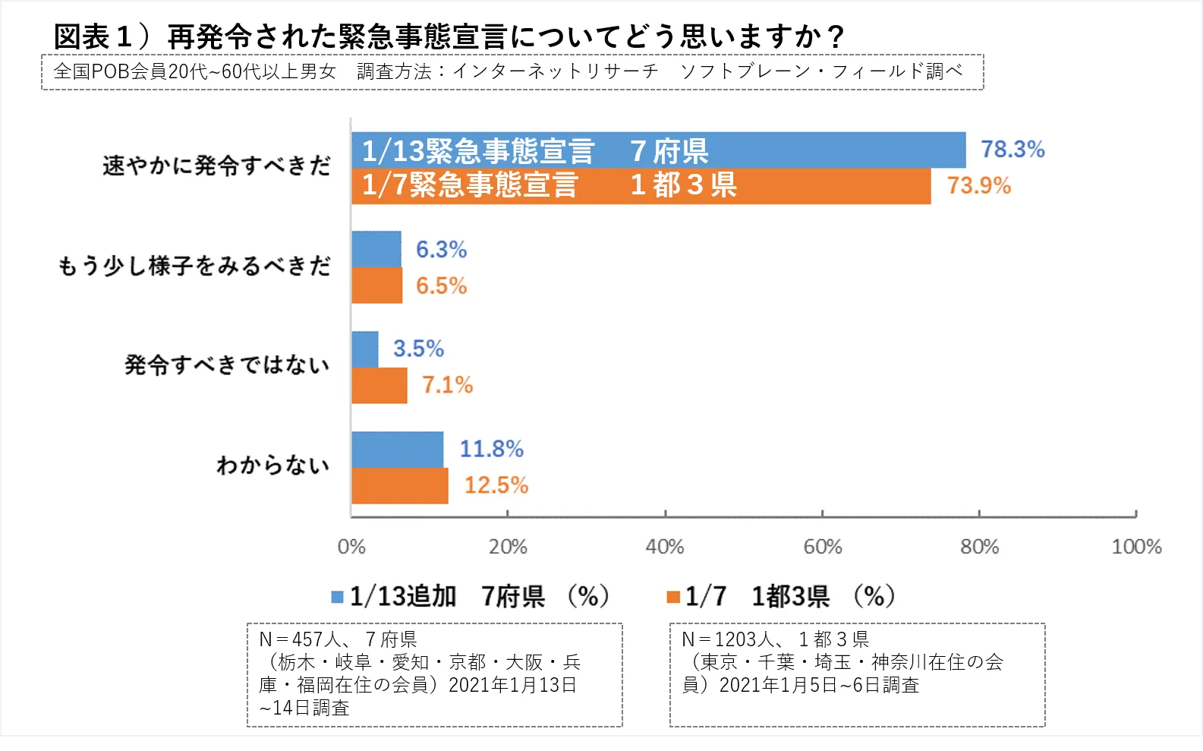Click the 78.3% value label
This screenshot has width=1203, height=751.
click(1012, 150)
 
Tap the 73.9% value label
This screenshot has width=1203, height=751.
click(979, 186)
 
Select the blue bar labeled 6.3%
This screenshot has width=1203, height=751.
click(376, 249)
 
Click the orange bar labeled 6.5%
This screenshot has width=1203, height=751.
click(377, 286)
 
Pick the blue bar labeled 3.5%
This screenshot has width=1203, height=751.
click(365, 349)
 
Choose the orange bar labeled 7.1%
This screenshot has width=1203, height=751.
click(379, 386)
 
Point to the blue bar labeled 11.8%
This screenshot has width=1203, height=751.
click(398, 450)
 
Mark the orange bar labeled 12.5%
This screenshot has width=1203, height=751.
click(400, 486)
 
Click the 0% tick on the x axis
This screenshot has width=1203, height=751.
click(351, 547)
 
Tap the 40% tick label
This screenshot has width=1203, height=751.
click(665, 547)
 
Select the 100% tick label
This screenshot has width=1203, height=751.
click(1136, 547)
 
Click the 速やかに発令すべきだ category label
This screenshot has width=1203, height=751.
click(217, 166)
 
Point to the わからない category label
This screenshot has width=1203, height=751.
click(273, 465)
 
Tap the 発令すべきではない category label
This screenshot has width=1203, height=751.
click(227, 365)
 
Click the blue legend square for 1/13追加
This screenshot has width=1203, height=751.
click(338, 598)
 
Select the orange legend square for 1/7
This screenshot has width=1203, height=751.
click(672, 598)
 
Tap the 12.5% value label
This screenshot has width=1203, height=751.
click(496, 486)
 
